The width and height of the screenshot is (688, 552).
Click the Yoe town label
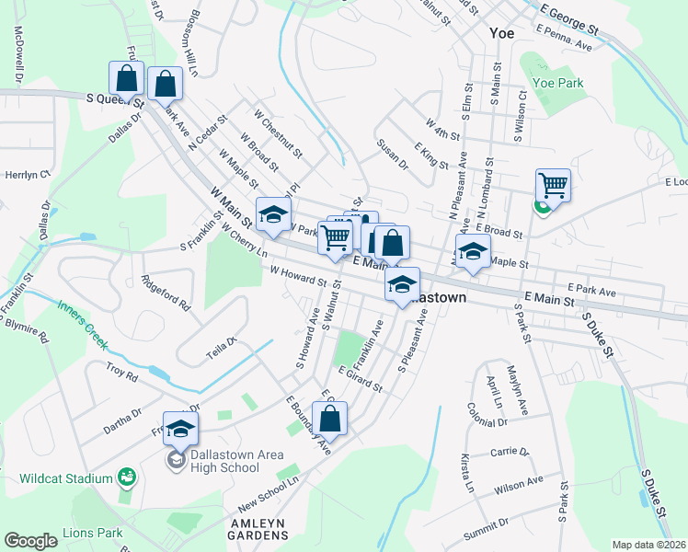[x=501, y=32]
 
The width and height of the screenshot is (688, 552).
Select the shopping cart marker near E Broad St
[x=553, y=185]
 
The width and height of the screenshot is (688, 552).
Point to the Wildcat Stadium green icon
[x=128, y=477]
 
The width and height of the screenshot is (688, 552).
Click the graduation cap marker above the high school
[x=181, y=428]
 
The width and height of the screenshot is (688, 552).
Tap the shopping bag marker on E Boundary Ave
[x=331, y=419]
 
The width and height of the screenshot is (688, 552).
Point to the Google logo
[x=31, y=541]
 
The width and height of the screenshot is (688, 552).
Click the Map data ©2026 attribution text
[x=649, y=545]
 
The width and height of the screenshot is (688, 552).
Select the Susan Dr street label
[x=392, y=154]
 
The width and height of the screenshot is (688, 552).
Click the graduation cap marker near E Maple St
[x=473, y=250]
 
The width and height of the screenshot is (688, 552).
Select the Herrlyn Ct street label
[x=27, y=174]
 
